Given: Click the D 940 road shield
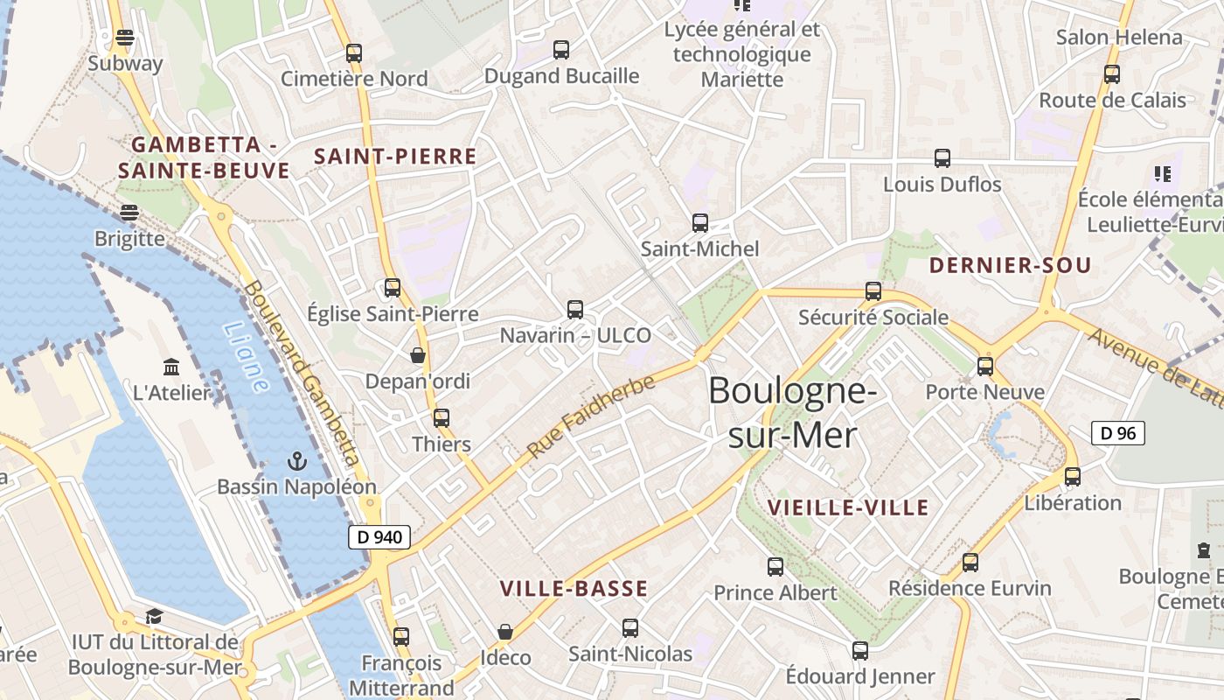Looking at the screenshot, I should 379,537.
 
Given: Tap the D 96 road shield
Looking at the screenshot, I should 1117,432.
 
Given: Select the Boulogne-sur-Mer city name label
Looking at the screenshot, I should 792,411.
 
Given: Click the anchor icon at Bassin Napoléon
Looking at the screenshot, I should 296,460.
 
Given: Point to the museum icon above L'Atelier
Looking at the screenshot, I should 171,367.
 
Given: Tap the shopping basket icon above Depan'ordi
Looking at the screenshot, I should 418,355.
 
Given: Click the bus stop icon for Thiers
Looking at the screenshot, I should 442,418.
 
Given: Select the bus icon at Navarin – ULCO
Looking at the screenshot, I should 575,309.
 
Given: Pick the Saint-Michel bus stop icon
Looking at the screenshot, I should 699,222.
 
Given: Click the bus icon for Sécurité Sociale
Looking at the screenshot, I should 873,290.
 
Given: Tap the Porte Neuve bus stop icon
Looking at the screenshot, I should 985,366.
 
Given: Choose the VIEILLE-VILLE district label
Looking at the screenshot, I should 847,507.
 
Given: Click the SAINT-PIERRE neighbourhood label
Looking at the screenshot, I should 395,157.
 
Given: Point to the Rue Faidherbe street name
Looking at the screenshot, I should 591,416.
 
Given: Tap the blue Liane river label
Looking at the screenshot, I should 246,357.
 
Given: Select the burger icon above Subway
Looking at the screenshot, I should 125,38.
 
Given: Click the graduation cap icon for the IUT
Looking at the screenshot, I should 154,615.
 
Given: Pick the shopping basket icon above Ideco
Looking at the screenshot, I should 505,631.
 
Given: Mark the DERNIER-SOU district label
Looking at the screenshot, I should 1010,265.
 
